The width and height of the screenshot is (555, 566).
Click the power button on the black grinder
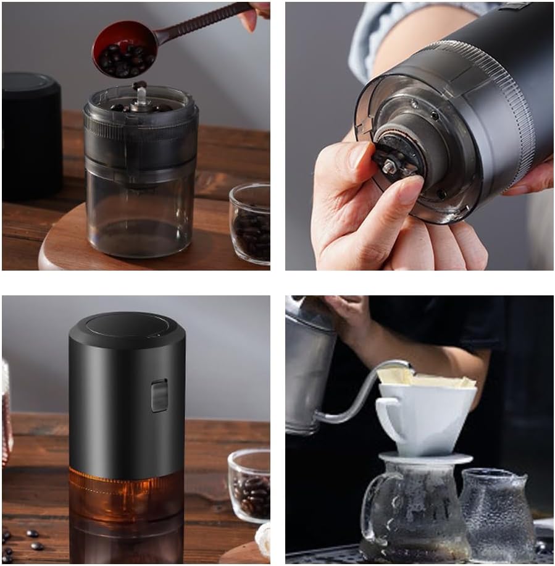point(159,395)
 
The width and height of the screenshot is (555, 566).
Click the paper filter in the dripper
point(426,378)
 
